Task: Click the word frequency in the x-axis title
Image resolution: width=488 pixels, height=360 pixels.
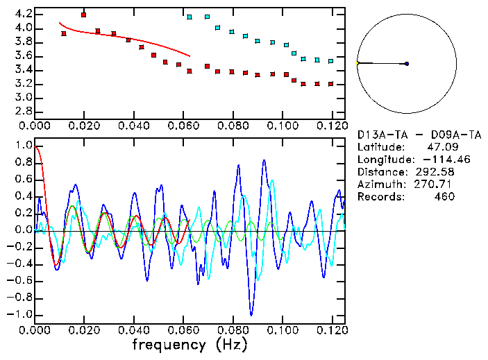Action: [x=169, y=344]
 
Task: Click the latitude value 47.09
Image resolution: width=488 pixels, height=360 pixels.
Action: [x=441, y=147]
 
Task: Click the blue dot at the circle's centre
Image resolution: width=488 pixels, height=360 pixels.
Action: [x=407, y=64]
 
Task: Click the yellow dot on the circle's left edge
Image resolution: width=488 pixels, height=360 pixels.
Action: [x=357, y=64]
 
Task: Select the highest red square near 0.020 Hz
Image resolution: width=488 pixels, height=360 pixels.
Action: [x=84, y=15]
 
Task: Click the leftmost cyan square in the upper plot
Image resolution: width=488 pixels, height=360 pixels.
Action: [x=190, y=17]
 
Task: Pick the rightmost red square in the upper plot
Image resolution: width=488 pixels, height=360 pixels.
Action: [x=331, y=84]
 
